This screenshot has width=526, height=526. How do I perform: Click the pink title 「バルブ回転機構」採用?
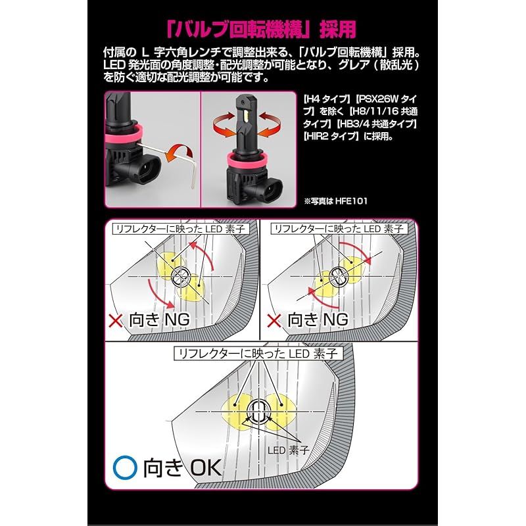tap(261, 30)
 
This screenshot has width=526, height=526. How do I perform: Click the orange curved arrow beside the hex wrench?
tap(179, 153)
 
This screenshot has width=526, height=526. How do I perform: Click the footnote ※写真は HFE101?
tap(335, 201)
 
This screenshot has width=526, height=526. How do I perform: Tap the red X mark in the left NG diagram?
tap(116, 321)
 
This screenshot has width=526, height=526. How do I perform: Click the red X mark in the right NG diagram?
tap(274, 321)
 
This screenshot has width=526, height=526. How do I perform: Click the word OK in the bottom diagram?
tap(206, 467)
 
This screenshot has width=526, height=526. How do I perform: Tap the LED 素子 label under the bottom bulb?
tap(288, 450)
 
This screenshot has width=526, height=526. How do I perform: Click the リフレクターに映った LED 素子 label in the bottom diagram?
tap(258, 354)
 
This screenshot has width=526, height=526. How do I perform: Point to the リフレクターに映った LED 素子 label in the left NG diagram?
tap(181, 229)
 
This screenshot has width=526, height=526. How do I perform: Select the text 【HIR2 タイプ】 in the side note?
tap(330, 137)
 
